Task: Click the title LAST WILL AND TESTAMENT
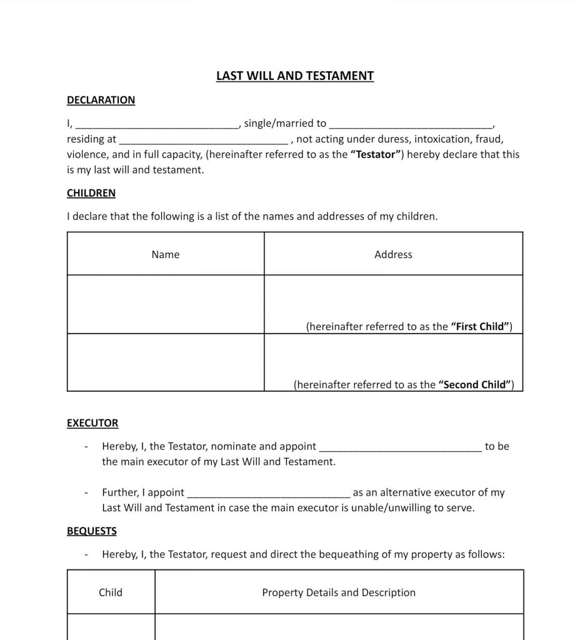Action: [294, 76]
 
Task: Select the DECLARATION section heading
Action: [101, 100]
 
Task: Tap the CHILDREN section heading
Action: [91, 193]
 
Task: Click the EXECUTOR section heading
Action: [92, 423]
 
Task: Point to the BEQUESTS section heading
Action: [92, 531]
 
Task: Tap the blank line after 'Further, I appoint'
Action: [269, 493]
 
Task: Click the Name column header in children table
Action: [166, 254]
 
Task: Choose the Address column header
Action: [393, 254]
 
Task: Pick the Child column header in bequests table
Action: [111, 592]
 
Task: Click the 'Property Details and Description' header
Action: [339, 592]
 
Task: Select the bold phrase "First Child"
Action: [480, 327]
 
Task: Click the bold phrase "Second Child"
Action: [476, 385]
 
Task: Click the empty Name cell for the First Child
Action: [166, 304]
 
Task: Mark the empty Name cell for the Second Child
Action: [166, 362]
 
